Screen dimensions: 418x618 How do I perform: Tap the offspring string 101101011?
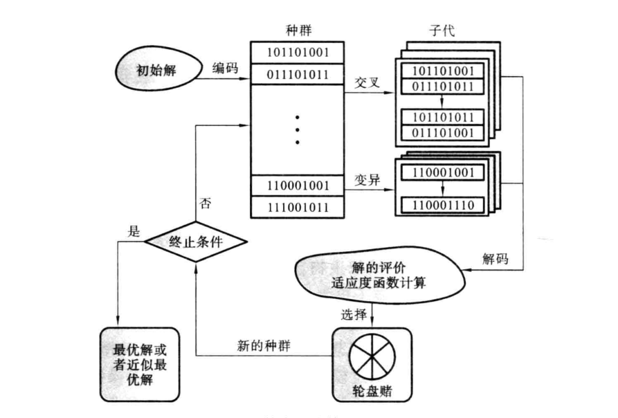pyautogui.click(x=443, y=116)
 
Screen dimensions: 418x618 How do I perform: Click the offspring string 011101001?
pyautogui.click(x=443, y=131)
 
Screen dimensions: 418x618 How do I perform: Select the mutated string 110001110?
pyautogui.click(x=443, y=206)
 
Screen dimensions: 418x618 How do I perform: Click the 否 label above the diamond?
pyautogui.click(x=206, y=204)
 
